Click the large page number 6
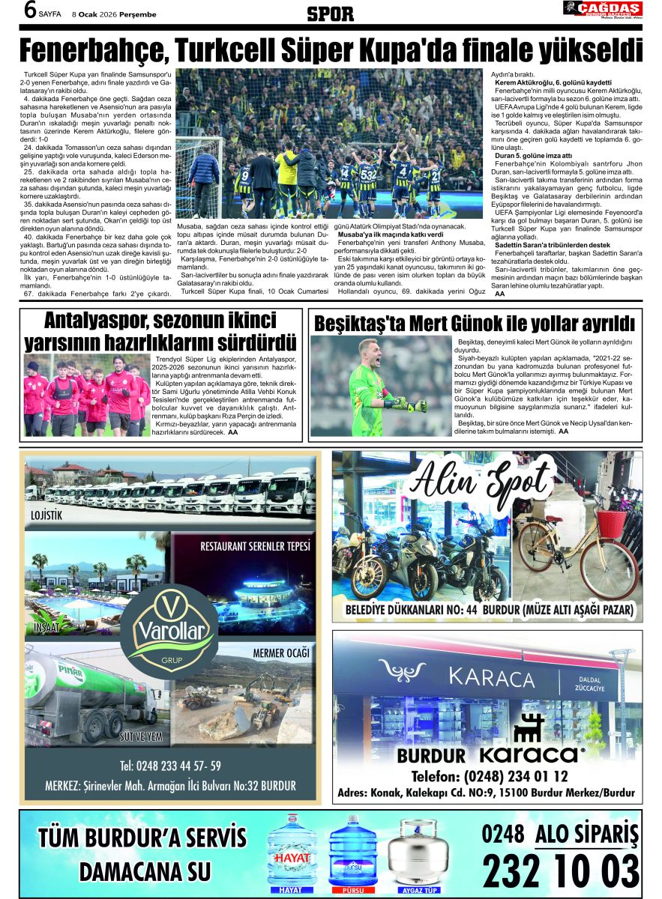pos(31,11)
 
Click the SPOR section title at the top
pos(330,13)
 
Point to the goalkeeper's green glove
pos(416,405)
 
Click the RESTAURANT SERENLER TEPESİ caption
pos(255,546)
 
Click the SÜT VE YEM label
pos(141,736)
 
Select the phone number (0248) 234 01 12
pos(490,775)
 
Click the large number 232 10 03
pos(561,871)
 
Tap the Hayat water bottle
pos(292,853)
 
